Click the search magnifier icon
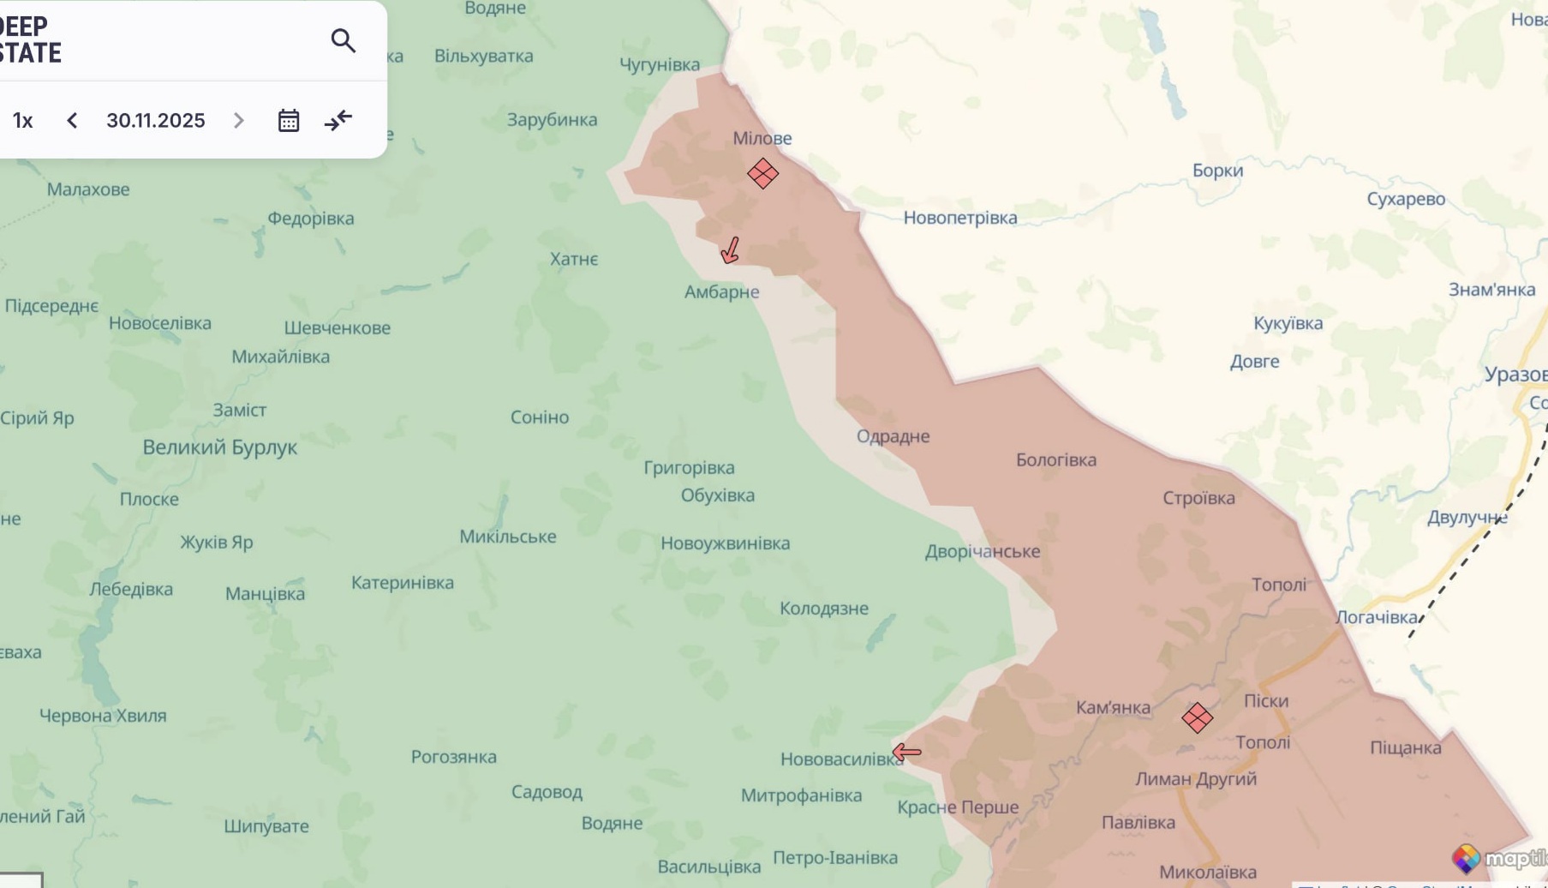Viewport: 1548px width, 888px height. click(x=343, y=40)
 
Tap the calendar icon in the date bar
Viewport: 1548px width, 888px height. click(x=289, y=120)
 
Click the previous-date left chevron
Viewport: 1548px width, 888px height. click(x=72, y=120)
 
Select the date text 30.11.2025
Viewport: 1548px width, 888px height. click(x=156, y=120)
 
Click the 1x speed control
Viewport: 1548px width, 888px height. click(x=23, y=120)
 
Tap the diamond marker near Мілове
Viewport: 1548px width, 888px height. click(x=762, y=173)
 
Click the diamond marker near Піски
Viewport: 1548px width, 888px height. click(x=1197, y=717)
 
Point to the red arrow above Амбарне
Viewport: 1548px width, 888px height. click(x=730, y=250)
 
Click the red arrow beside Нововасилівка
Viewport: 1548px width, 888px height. click(x=906, y=753)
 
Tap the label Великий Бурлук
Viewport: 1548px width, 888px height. click(x=219, y=447)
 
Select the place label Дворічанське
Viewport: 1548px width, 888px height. click(x=982, y=551)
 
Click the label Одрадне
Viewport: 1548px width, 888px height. click(x=893, y=435)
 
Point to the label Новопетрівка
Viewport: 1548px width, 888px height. click(x=959, y=218)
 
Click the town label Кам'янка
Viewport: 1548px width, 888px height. click(x=1113, y=707)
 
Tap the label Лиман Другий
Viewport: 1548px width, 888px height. click(x=1195, y=778)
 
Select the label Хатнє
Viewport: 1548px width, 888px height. click(x=573, y=259)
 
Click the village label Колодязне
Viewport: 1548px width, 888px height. click(x=823, y=608)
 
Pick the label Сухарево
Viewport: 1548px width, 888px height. click(x=1405, y=199)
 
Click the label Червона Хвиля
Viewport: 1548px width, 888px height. click(x=103, y=715)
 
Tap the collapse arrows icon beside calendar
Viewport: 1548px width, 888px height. click(x=338, y=120)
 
